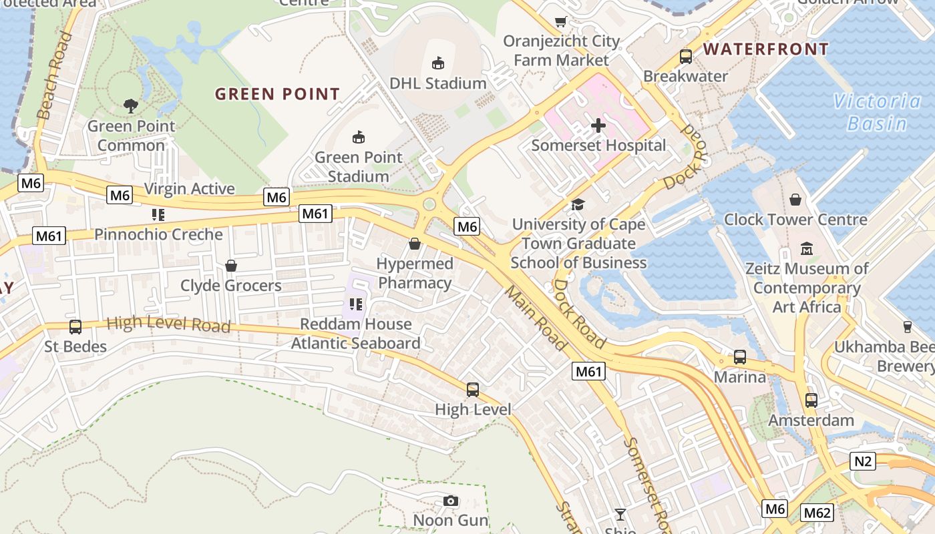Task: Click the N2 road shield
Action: pyautogui.click(x=864, y=461)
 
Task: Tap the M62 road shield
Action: pyautogui.click(x=817, y=513)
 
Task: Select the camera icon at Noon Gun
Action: pyautogui.click(x=451, y=501)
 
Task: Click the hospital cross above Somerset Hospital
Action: pyautogui.click(x=598, y=125)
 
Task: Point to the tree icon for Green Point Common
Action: pyautogui.click(x=131, y=105)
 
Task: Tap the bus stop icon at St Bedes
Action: pyautogui.click(x=75, y=327)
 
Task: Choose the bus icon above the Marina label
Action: pyautogui.click(x=740, y=357)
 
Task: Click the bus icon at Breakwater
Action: pyautogui.click(x=686, y=57)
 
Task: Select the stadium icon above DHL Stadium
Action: pyautogui.click(x=438, y=63)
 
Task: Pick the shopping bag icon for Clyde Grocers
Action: pyautogui.click(x=231, y=266)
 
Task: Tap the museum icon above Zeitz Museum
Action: pyautogui.click(x=807, y=249)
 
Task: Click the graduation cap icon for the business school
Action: pyautogui.click(x=578, y=204)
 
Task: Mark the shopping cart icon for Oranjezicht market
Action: pyautogui.click(x=561, y=21)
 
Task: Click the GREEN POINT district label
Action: pyautogui.click(x=277, y=94)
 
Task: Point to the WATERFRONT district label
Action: pyautogui.click(x=766, y=49)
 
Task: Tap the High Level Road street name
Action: pyautogui.click(x=168, y=324)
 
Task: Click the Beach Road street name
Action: pyautogui.click(x=55, y=75)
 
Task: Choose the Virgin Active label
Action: pyautogui.click(x=190, y=189)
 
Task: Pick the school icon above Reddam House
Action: pyautogui.click(x=356, y=304)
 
